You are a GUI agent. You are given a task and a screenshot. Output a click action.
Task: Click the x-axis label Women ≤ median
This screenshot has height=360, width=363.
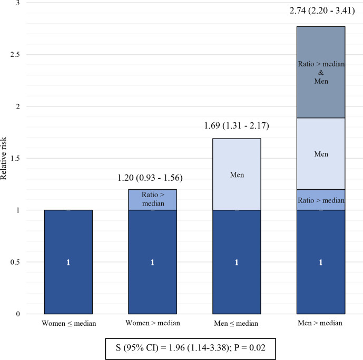pyautogui.click(x=68, y=322)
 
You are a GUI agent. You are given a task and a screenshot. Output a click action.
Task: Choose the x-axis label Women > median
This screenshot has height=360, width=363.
pyautogui.click(x=152, y=322)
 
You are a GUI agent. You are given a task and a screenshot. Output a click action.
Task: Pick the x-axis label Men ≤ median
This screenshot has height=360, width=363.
pyautogui.click(x=237, y=322)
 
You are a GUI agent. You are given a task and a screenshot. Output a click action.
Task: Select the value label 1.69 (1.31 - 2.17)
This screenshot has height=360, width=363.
pyautogui.click(x=237, y=127)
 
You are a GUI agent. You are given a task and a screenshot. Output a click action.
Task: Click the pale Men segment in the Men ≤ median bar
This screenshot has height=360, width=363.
pyautogui.click(x=237, y=174)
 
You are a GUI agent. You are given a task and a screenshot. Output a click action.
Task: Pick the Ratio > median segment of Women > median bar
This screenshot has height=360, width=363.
pyautogui.click(x=152, y=200)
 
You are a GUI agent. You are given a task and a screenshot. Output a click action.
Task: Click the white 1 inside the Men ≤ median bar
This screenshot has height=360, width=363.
pyautogui.click(x=237, y=262)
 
